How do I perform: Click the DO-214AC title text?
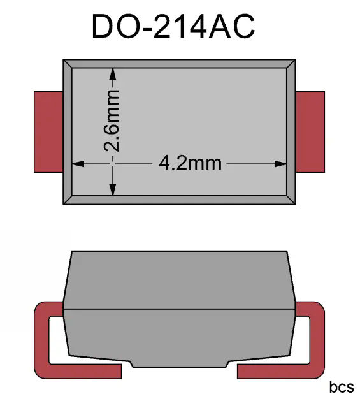click(x=173, y=26)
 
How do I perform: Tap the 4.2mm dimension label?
click(x=190, y=163)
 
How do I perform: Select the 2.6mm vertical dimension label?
click(x=112, y=120)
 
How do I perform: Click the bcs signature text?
click(x=342, y=387)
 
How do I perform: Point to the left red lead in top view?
click(x=48, y=132)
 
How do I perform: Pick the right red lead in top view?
click(x=310, y=132)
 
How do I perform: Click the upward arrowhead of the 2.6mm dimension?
click(x=112, y=74)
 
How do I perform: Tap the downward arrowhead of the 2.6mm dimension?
click(x=112, y=189)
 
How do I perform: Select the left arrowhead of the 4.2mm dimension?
click(x=78, y=164)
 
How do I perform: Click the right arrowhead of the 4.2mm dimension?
click(x=280, y=164)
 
